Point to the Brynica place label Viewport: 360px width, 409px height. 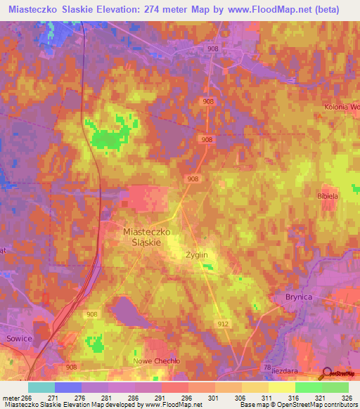tap(298, 297)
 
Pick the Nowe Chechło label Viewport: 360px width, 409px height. tap(157, 361)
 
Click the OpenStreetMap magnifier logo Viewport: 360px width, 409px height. tap(327, 373)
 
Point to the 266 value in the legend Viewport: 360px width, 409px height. tap(27, 397)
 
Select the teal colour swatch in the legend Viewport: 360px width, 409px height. tap(41, 387)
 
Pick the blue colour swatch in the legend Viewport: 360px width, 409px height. tap(68, 387)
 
